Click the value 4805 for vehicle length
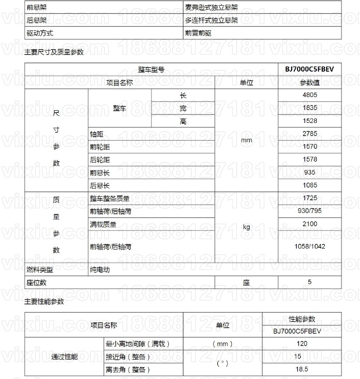click(310, 95)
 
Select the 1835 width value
click(310, 108)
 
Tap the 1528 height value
click(310, 121)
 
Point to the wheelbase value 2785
click(310, 134)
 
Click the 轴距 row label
click(97, 134)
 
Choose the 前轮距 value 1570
click(310, 146)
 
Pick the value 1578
click(310, 159)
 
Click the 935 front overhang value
click(310, 173)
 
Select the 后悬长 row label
click(100, 186)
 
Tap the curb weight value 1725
click(310, 198)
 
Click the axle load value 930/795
click(310, 211)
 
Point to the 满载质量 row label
click(103, 224)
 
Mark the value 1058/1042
click(310, 246)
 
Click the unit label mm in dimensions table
click(246, 140)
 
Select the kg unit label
click(246, 227)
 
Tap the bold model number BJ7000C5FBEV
click(310, 69)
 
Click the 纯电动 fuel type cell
click(100, 270)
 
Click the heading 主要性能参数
click(44, 302)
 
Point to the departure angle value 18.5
click(302, 369)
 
